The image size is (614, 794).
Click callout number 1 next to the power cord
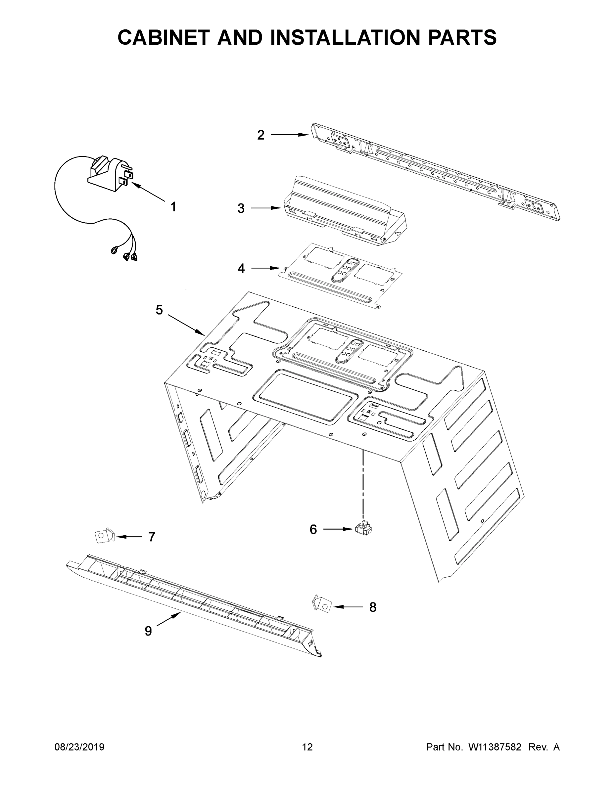pos(173,207)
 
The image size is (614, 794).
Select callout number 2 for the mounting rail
pos(261,135)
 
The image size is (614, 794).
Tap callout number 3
pos(241,208)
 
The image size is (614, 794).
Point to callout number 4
pos(241,268)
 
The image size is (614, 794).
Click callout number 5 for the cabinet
pos(159,310)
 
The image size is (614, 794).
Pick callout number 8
pos(373,607)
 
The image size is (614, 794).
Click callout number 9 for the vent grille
pos(148,631)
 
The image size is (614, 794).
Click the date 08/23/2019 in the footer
pos(79,747)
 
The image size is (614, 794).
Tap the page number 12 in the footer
pos(307,747)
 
